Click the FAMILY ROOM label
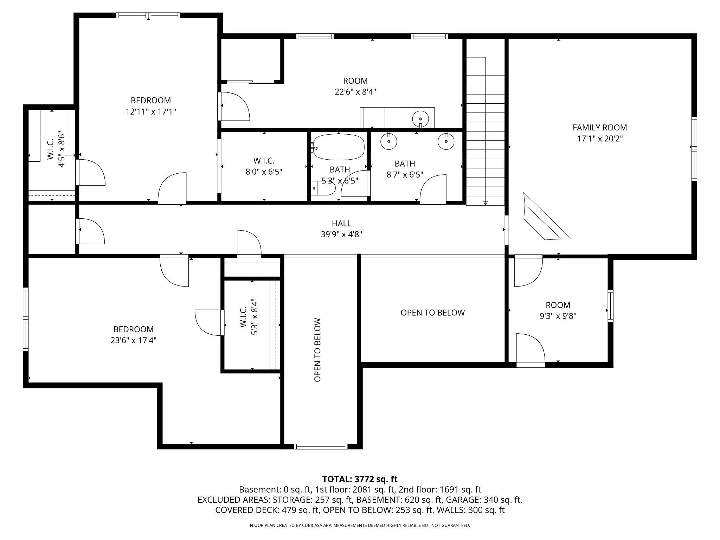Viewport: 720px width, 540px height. pyautogui.click(x=600, y=128)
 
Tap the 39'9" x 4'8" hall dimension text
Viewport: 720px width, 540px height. pyautogui.click(x=341, y=234)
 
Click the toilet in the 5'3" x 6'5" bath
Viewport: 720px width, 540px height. pyautogui.click(x=324, y=188)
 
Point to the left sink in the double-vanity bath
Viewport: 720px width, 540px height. pyautogui.click(x=389, y=141)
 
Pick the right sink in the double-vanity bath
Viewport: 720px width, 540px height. pyautogui.click(x=446, y=141)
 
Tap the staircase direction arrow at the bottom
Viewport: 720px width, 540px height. pyautogui.click(x=486, y=203)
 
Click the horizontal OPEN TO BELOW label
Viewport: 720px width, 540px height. pyautogui.click(x=433, y=313)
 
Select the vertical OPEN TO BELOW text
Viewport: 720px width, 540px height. pyautogui.click(x=317, y=350)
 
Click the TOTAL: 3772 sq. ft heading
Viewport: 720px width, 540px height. pyautogui.click(x=360, y=479)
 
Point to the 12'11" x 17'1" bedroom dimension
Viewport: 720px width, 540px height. pyautogui.click(x=151, y=112)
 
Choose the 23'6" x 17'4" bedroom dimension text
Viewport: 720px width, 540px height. pyautogui.click(x=134, y=340)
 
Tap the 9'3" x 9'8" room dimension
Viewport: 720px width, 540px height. pyautogui.click(x=558, y=316)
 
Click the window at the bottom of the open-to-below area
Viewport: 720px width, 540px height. pyautogui.click(x=321, y=446)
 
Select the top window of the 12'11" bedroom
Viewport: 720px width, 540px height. pyautogui.click(x=148, y=15)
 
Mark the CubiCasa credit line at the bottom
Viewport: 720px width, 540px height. pyautogui.click(x=360, y=525)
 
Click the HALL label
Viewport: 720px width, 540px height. pyautogui.click(x=341, y=223)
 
